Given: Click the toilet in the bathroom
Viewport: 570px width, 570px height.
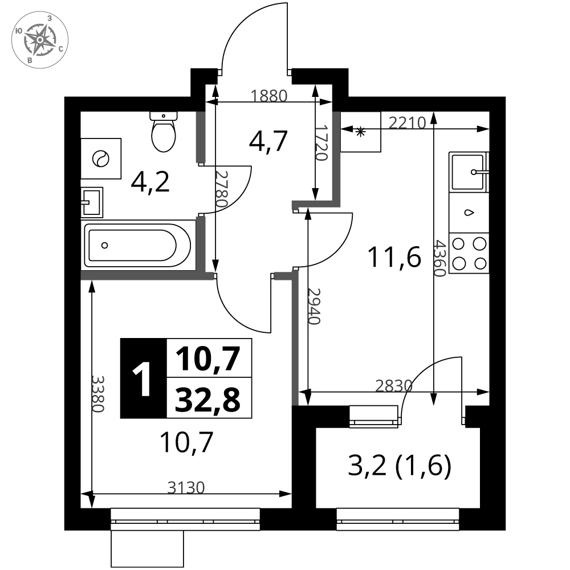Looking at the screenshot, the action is point(164,132).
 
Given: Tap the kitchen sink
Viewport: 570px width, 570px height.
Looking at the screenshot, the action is point(469,172).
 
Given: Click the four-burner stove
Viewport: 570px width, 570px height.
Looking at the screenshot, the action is point(469,253).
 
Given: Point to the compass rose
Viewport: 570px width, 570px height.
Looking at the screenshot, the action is point(40,40).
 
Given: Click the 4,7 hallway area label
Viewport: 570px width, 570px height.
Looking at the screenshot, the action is point(268,141).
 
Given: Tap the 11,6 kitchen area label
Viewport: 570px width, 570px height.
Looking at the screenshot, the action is point(394,256).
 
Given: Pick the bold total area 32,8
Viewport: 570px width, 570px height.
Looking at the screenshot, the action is point(207,399).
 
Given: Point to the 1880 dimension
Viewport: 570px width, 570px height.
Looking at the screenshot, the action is point(269,96).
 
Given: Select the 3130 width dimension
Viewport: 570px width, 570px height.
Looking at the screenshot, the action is point(186,487).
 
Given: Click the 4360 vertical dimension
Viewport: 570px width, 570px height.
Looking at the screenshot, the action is point(439,258).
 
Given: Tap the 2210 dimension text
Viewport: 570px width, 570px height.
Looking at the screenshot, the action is point(407,123).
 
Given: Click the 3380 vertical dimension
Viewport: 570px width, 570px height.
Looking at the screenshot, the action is point(98,394).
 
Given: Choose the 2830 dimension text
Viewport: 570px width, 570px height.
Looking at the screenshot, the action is point(394,386).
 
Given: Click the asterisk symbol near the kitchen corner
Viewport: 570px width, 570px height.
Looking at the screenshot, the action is point(360,132).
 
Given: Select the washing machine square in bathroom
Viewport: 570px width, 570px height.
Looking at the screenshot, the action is point(101,158).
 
